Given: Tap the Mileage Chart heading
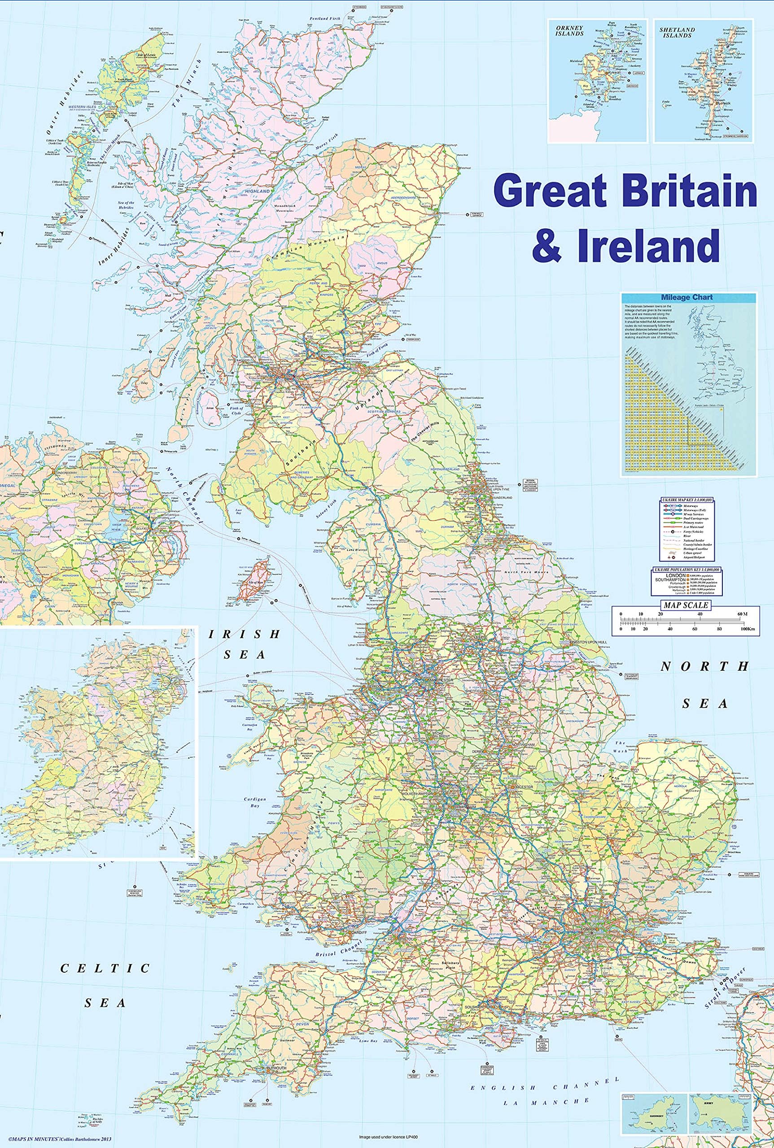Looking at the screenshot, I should point(689,298).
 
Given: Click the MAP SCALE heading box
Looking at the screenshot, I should point(686,605).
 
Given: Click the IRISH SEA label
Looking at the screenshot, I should point(245,644).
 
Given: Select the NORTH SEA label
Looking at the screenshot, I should point(705,685).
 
